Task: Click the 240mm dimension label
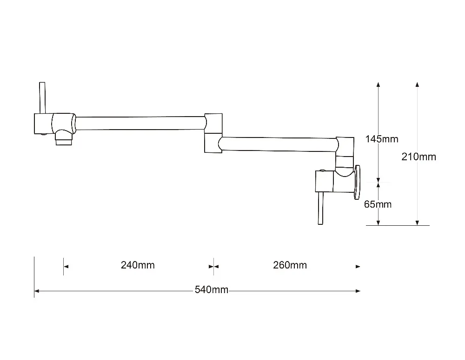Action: point(138,265)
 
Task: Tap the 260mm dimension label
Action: point(290,265)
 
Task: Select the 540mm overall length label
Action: point(212,290)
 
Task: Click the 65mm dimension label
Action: point(378,204)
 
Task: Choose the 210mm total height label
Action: point(419,157)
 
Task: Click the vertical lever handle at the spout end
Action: point(42,98)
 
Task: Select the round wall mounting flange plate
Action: point(358,182)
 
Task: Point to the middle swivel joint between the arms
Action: point(213,132)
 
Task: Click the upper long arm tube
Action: point(139,123)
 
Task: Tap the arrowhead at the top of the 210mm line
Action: point(418,85)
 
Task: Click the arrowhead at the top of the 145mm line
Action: point(379,85)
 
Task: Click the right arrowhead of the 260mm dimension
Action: point(358,266)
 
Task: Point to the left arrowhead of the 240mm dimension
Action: point(66,266)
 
